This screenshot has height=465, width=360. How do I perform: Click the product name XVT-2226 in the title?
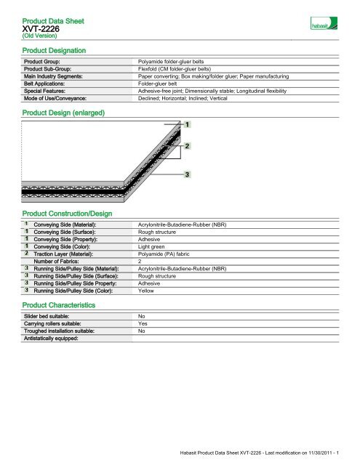[39, 28]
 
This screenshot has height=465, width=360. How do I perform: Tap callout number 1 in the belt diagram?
[188, 125]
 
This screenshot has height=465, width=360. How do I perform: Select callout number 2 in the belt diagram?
[188, 146]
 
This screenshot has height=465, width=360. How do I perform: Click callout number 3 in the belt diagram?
[188, 175]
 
